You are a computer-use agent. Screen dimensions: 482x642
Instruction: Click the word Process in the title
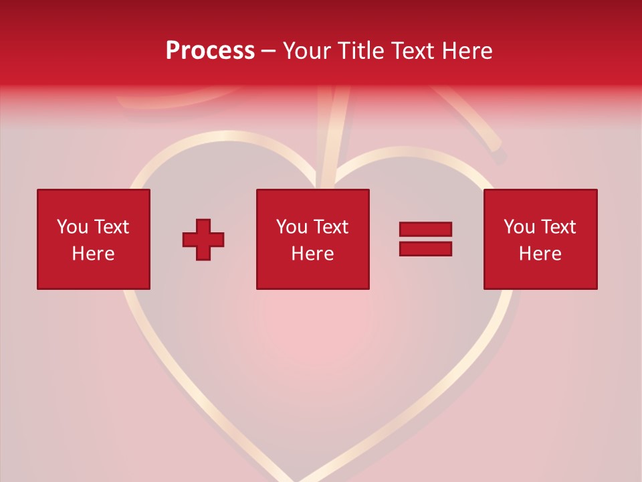(x=210, y=51)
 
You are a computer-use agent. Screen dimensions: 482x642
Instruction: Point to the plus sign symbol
(x=203, y=239)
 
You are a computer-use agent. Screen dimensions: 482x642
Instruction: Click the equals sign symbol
(x=425, y=239)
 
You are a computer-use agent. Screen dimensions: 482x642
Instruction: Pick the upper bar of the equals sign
(x=425, y=230)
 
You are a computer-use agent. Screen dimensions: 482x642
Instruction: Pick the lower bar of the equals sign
(x=425, y=249)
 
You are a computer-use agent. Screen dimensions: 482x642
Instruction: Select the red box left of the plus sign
(x=93, y=239)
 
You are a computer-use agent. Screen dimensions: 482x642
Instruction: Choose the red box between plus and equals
(x=312, y=239)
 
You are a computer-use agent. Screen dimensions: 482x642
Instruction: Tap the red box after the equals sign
(x=540, y=239)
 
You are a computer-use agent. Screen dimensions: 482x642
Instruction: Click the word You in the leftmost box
(x=72, y=227)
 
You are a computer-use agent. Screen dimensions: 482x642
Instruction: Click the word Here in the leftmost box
(x=93, y=254)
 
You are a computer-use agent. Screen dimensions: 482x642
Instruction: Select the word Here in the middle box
(x=312, y=254)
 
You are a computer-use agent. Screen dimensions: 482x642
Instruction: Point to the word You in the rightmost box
(x=519, y=227)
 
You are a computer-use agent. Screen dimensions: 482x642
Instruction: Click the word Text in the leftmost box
(x=111, y=227)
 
